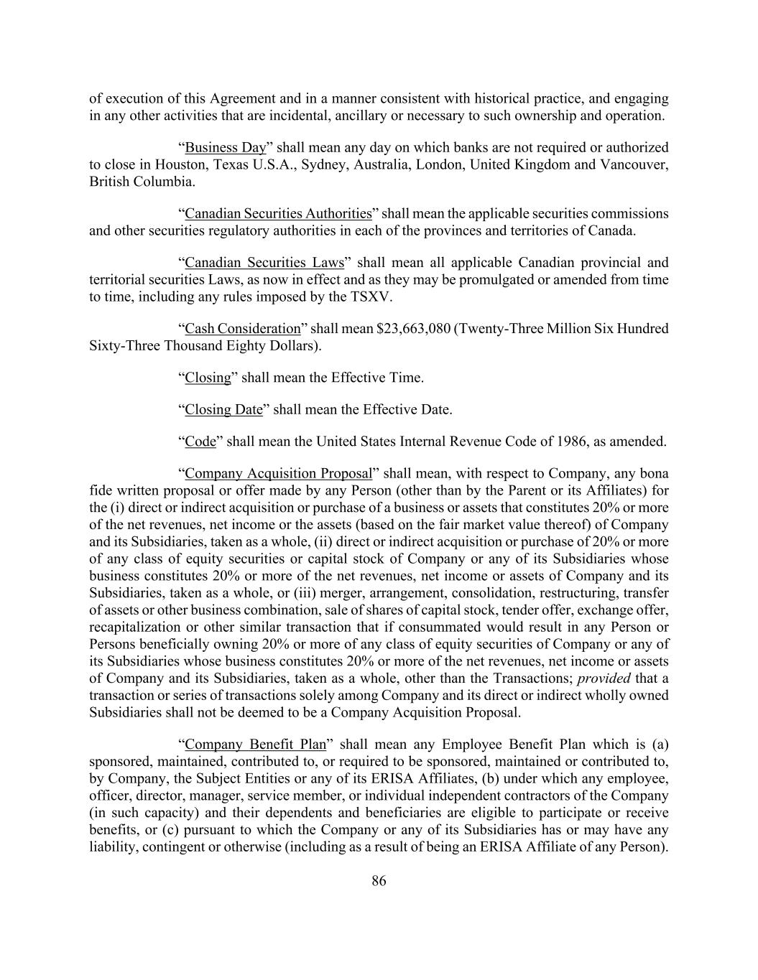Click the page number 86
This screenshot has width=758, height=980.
(x=379, y=882)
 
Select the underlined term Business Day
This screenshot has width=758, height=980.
(x=226, y=148)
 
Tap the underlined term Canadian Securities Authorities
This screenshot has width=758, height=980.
(x=278, y=214)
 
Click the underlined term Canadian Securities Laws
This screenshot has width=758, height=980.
(x=264, y=263)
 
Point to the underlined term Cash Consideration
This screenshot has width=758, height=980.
(x=243, y=329)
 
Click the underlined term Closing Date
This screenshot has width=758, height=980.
(x=224, y=410)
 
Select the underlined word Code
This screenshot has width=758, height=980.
(x=200, y=442)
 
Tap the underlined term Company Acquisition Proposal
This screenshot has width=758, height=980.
(x=279, y=474)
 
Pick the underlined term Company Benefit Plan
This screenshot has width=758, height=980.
(x=255, y=745)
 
